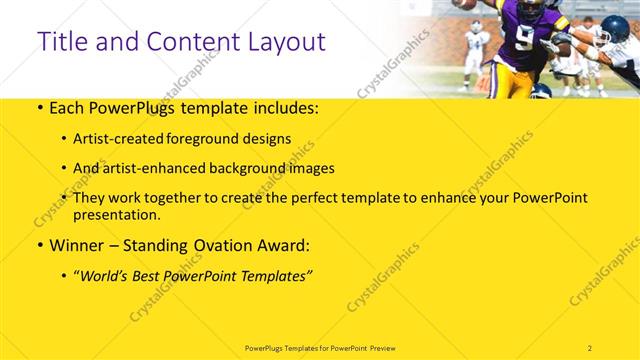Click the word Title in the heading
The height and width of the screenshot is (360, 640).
(x=61, y=42)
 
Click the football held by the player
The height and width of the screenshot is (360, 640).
(x=467, y=4)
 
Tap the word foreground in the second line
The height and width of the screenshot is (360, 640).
(x=216, y=139)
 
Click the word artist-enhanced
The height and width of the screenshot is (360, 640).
(x=156, y=168)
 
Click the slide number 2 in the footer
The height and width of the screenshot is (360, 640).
(x=590, y=347)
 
